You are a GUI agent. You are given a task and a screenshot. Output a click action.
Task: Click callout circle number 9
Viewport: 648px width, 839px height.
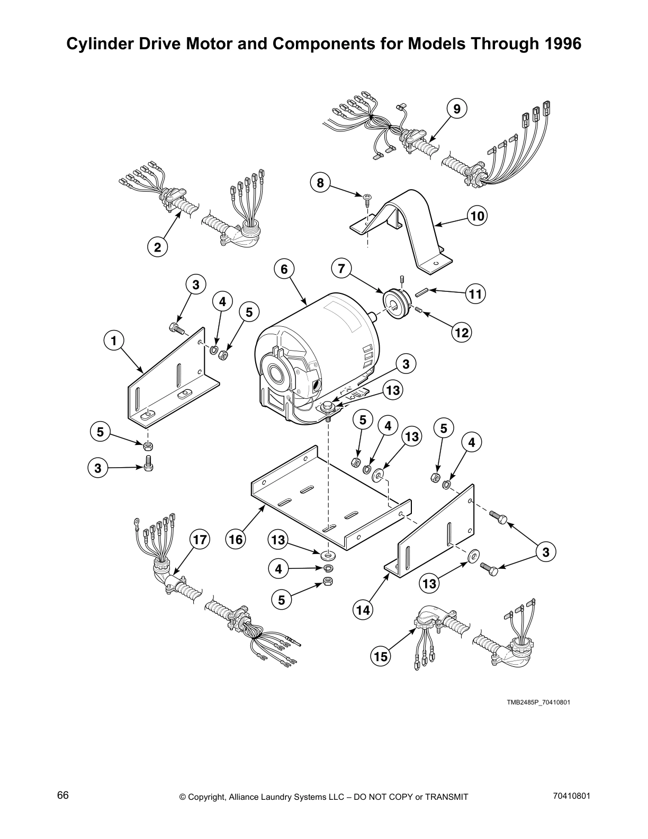tap(457, 109)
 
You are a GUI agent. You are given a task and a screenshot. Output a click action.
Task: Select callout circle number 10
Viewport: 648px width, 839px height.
tap(478, 216)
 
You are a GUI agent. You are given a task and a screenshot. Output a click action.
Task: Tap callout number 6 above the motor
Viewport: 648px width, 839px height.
tap(284, 269)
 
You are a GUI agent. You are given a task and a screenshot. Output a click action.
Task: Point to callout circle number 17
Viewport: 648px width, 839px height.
tap(200, 540)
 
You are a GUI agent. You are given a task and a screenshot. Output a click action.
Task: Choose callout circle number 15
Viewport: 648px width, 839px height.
tap(380, 657)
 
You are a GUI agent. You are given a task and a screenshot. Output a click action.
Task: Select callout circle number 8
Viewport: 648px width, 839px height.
tap(320, 183)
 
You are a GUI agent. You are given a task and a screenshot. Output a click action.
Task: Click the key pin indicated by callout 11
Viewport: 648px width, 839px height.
tap(422, 291)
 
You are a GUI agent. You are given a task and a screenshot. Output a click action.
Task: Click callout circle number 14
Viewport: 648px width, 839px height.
tap(363, 610)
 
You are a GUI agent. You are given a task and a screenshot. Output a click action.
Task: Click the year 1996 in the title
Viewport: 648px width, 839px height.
tap(562, 44)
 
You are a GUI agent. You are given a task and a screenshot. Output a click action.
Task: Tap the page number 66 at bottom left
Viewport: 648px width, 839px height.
tap(63, 796)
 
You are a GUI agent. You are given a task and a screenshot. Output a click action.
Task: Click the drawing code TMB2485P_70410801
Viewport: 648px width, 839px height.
tap(538, 702)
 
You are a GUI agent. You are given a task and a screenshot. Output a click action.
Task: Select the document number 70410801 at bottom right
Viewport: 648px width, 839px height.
tap(571, 796)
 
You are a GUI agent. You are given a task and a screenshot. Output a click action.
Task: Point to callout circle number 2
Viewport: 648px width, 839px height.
tap(157, 246)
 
